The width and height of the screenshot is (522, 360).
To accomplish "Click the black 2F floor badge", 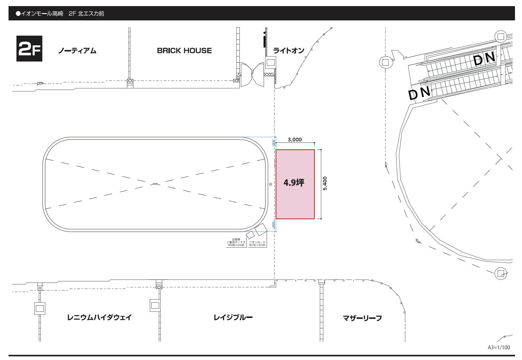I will (29, 49).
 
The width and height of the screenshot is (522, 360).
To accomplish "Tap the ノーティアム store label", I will (77, 51).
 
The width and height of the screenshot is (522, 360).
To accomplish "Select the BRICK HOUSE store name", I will (184, 51).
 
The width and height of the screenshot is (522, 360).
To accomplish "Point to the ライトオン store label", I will (289, 51).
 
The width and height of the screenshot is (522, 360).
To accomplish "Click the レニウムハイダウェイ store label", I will (99, 317).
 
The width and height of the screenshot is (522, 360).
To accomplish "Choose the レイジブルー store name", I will (233, 317).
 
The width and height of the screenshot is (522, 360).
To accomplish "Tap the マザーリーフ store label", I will (362, 318).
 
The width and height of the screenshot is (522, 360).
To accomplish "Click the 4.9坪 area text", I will (294, 183).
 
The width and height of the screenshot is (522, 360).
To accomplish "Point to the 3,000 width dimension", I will (295, 140).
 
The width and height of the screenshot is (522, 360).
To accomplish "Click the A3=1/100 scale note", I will (499, 347).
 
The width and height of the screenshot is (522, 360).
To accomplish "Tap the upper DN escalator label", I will (484, 59).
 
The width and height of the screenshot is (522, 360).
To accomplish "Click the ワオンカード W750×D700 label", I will (257, 244).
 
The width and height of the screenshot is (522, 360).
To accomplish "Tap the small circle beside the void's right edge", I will (270, 184).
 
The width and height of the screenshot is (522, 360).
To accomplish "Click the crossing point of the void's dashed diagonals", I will (155, 184).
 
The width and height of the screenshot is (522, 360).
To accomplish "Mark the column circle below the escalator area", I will (500, 273).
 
